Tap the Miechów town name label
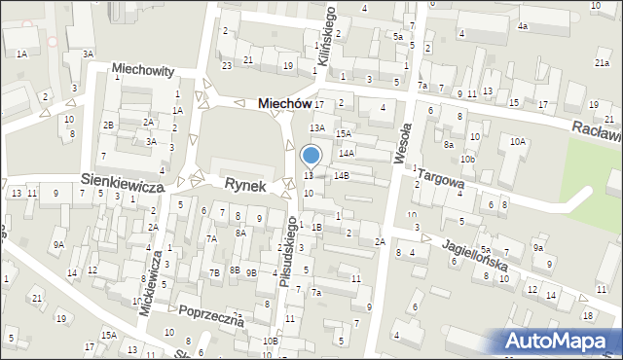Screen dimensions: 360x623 click(284, 103)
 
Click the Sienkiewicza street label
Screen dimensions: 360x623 click(121, 182)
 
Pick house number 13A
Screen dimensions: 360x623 click(316, 127)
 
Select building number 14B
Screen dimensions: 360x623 click(341, 176)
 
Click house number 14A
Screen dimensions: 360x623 click(346, 153)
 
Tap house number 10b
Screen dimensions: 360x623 click(468, 158)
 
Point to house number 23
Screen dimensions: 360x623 click(226, 65)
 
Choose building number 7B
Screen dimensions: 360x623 click(215, 273)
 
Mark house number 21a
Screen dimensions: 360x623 click(602, 62)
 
